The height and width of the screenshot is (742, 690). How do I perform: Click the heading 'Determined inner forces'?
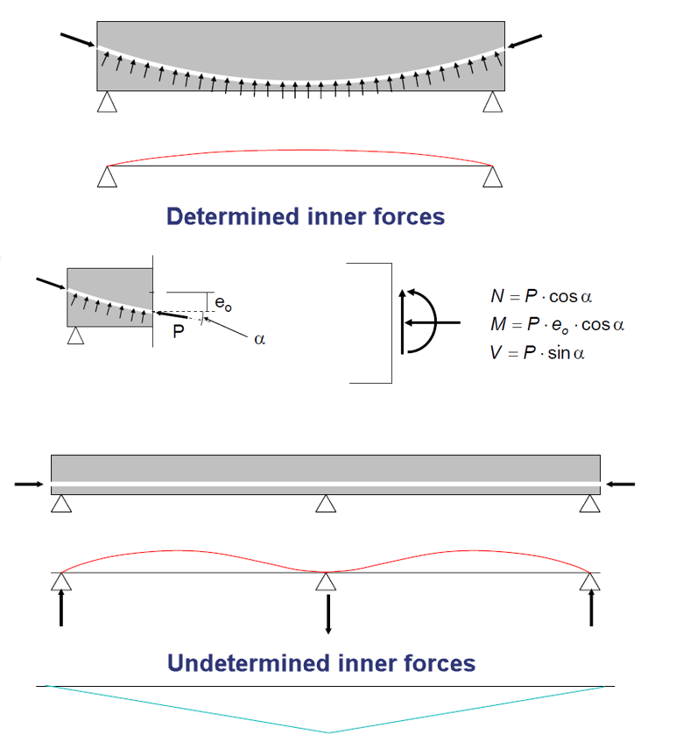[306, 216]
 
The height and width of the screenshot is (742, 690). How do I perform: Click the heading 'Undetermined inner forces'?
[321, 663]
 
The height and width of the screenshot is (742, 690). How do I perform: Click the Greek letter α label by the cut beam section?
[258, 340]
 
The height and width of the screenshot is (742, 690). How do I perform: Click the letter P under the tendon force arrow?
[178, 333]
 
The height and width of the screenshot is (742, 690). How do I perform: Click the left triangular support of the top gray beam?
[107, 102]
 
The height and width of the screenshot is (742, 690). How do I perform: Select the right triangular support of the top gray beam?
[493, 102]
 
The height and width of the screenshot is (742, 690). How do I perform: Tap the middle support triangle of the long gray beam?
[327, 504]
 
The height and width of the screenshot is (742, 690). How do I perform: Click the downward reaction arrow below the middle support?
[327, 613]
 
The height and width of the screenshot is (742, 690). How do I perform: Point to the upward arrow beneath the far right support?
[593, 607]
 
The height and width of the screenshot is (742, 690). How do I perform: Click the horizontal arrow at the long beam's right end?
[621, 484]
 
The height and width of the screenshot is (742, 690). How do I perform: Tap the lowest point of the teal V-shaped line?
[328, 731]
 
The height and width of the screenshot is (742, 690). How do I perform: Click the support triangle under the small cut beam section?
[76, 336]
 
